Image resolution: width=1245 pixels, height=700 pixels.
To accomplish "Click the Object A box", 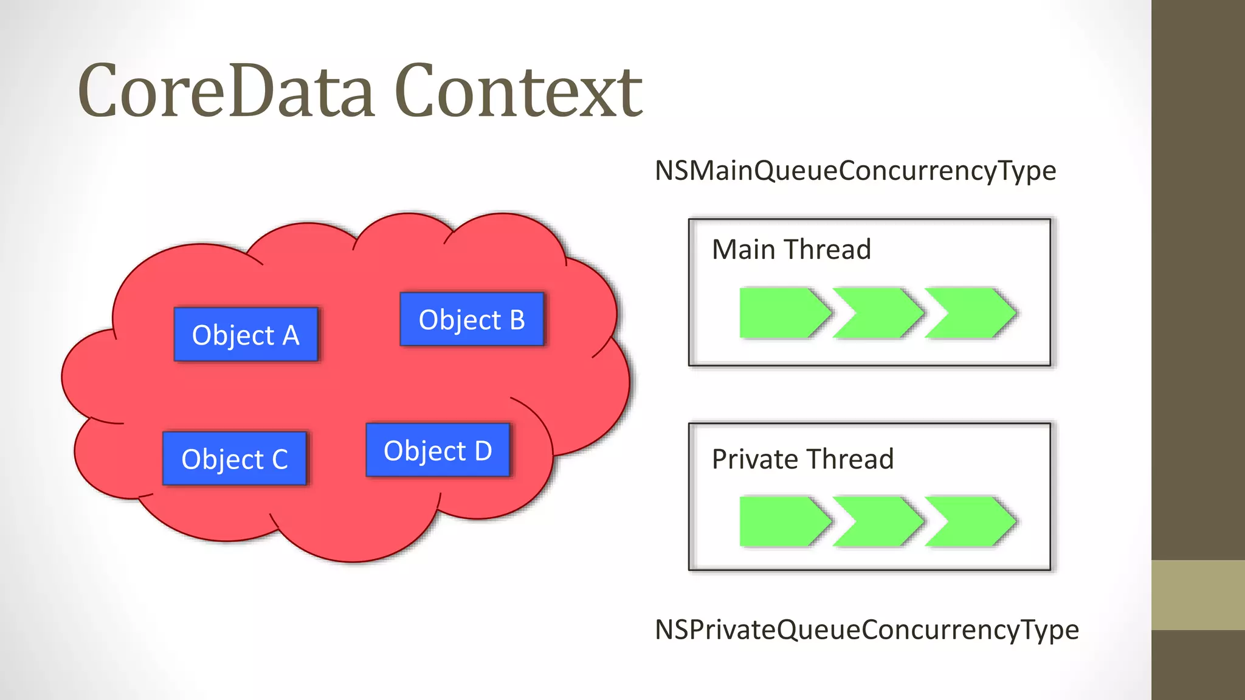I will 246,335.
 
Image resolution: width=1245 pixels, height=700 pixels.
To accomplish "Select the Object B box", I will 472,320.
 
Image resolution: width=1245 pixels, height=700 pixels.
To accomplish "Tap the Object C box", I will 234,459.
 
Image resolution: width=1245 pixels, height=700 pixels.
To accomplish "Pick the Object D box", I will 438,450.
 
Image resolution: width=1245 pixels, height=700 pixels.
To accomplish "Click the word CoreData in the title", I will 226,91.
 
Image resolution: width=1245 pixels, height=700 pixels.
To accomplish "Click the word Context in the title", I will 518,91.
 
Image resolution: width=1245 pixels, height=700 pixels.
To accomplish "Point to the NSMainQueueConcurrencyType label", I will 855,171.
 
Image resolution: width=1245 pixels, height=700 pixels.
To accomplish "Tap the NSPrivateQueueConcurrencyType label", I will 866,630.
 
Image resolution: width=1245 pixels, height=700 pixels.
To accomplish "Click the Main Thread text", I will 791,250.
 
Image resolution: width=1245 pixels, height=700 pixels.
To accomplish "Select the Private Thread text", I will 802,459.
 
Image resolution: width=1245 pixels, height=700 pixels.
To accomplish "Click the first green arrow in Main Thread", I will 781,313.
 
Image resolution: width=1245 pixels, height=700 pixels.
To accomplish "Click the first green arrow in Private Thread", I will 781,521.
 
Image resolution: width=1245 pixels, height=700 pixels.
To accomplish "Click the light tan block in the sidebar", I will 1198,595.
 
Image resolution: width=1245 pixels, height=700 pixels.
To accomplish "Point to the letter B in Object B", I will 517,320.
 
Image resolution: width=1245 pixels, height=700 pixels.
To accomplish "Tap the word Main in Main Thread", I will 743,250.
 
